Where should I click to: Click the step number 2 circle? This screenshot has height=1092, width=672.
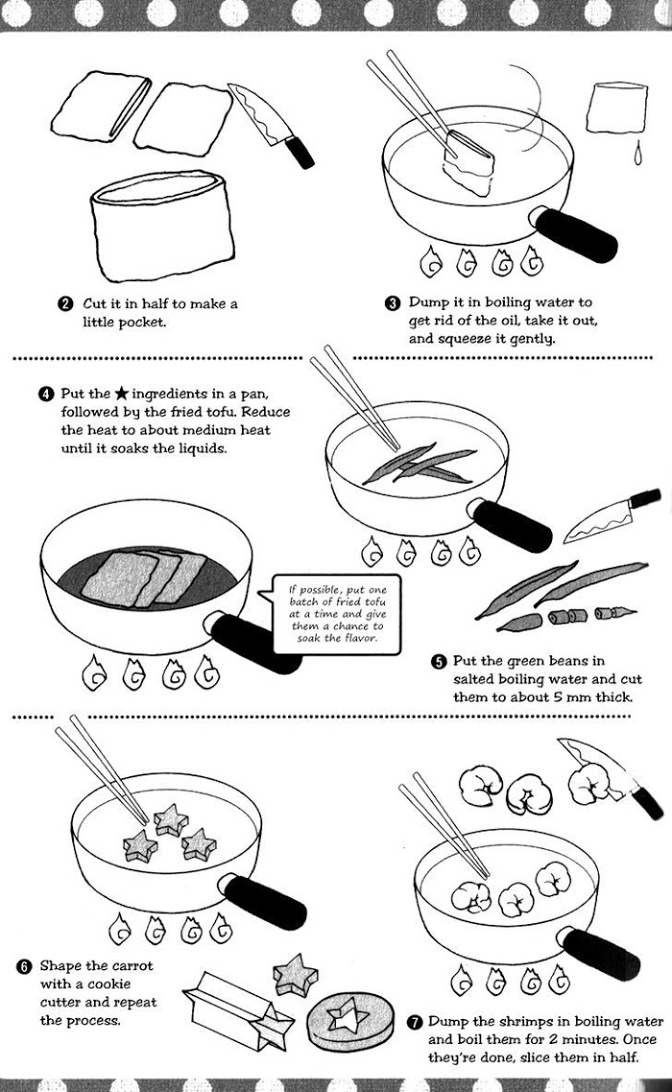(x=65, y=304)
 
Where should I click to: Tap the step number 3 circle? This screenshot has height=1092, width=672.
(x=393, y=303)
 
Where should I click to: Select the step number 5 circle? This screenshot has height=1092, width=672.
(x=438, y=661)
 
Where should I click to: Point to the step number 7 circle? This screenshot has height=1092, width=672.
(x=415, y=1022)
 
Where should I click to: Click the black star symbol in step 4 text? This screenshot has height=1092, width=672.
(x=121, y=394)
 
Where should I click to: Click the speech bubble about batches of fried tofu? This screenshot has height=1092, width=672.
(x=336, y=614)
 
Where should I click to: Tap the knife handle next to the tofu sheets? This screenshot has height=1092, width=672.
(x=300, y=152)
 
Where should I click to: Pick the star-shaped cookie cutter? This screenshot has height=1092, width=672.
(x=237, y=1010)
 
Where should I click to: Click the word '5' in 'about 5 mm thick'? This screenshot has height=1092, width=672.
(x=558, y=697)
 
